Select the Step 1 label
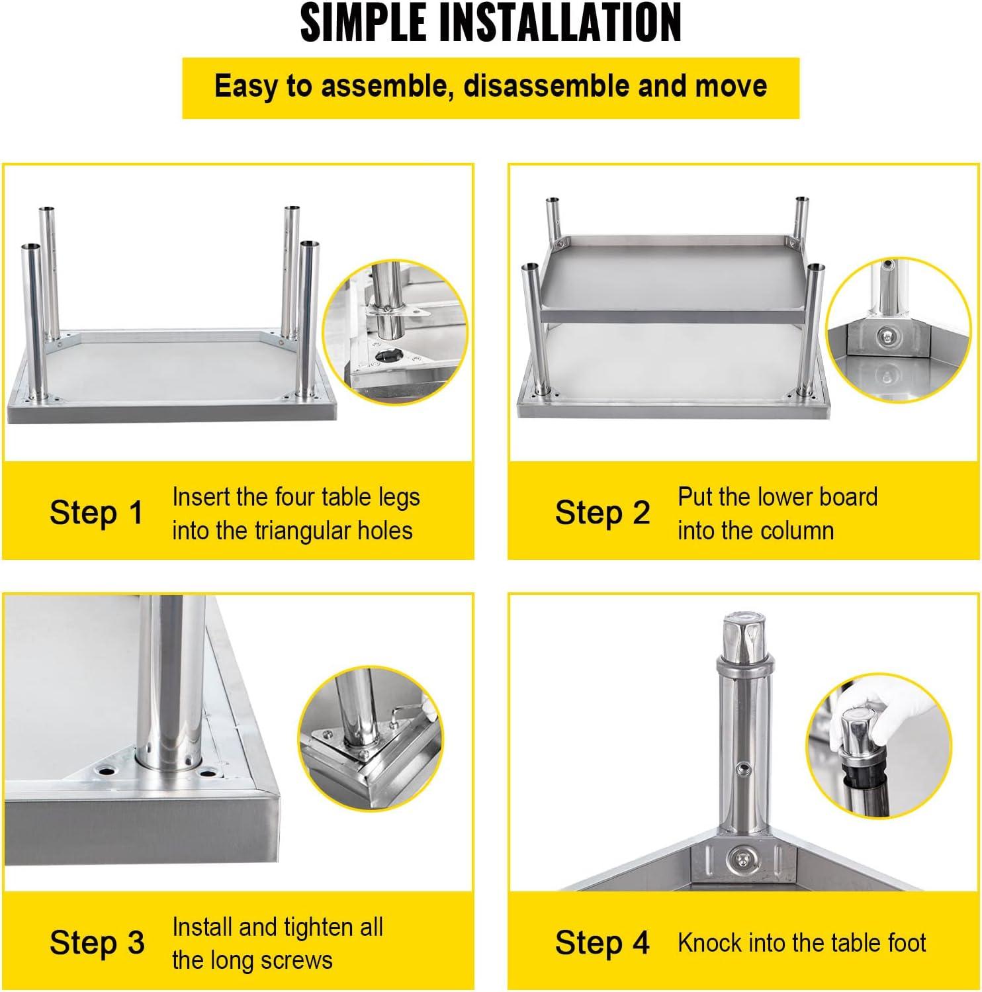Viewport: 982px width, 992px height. pyautogui.click(x=97, y=513)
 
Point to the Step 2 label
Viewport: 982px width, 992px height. pyautogui.click(x=603, y=513)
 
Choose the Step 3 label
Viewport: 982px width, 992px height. pyautogui.click(x=97, y=943)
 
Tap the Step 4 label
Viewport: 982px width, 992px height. pyautogui.click(x=603, y=943)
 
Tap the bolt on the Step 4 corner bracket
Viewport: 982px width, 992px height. pyautogui.click(x=738, y=861)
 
